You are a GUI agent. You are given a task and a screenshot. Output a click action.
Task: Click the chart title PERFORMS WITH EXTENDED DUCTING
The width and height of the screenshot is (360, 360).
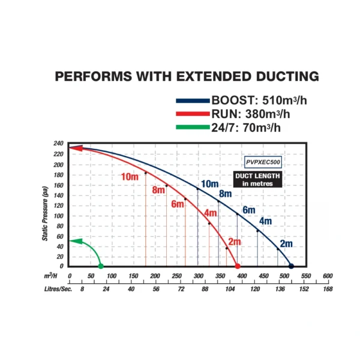[187, 76]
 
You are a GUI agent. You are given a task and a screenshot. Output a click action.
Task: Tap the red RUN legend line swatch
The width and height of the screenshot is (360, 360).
[192, 113]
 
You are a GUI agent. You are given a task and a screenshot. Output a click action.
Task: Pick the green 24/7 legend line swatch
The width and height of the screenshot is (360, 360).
[192, 127]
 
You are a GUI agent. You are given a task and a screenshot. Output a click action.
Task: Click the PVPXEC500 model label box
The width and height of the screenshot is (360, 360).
[263, 161]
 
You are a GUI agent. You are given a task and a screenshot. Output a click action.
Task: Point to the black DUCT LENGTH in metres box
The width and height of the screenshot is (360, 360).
[257, 179]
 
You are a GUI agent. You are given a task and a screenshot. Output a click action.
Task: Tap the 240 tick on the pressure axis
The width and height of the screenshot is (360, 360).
[58, 144]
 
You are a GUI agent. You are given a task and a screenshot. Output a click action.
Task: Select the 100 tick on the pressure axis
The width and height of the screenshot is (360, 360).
[58, 215]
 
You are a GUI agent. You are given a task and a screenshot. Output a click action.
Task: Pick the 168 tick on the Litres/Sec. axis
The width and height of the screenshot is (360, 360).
[328, 289]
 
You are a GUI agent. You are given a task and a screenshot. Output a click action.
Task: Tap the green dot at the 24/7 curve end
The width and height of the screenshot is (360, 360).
[100, 266]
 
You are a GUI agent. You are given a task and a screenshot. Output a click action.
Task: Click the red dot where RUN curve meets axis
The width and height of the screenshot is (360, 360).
[238, 266]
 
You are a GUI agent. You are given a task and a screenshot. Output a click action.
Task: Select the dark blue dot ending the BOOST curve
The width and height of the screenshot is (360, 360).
[292, 266]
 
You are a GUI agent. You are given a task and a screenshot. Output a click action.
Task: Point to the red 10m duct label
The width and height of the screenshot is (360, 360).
[130, 176]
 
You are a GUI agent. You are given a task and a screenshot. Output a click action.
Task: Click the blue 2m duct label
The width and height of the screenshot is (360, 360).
[286, 244]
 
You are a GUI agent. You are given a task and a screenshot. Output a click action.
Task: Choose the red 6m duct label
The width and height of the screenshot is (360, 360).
[178, 204]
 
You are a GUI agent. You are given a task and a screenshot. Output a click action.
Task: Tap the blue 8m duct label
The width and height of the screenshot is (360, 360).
[225, 194]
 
